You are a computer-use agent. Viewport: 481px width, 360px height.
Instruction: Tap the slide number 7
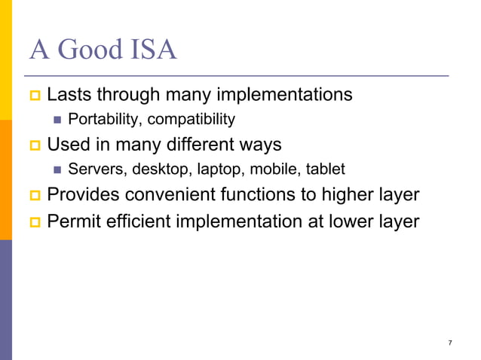[x=450, y=343]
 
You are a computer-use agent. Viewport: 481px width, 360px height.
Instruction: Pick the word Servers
[x=93, y=169]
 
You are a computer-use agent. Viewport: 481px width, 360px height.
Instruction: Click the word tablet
[x=325, y=169]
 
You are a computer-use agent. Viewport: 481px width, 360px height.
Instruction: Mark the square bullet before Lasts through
[x=34, y=96]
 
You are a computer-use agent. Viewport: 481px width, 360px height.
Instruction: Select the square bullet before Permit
[x=34, y=222]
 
